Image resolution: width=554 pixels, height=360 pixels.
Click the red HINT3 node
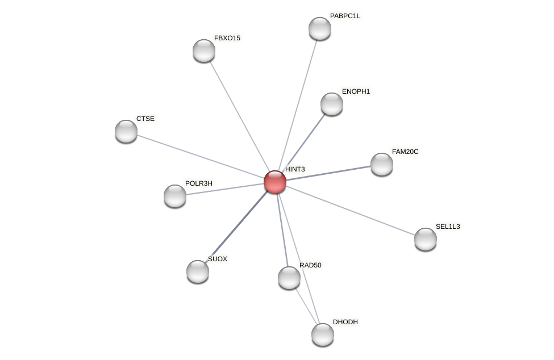275,182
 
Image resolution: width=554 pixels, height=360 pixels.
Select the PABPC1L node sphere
320,28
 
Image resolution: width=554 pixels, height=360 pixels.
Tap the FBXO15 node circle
204,51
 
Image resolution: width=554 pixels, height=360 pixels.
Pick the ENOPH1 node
332,104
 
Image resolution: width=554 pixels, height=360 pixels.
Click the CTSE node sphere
126,131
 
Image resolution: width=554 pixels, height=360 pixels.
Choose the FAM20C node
382,164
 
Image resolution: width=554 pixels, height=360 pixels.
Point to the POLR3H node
175,196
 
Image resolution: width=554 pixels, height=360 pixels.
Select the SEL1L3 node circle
426,239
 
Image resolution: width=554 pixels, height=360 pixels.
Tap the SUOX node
198,271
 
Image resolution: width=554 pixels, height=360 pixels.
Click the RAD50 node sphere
289,278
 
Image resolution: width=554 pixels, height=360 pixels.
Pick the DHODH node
323,334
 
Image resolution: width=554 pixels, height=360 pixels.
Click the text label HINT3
295,169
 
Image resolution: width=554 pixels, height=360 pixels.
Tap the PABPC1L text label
345,16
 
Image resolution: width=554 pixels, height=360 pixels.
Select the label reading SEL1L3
448,227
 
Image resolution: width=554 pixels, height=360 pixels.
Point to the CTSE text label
145,119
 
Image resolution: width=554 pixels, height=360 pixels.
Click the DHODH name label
345,322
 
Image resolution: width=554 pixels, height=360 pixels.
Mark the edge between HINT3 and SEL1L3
350,210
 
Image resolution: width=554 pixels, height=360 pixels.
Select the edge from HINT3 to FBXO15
239,116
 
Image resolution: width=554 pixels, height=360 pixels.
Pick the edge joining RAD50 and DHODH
306,305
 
